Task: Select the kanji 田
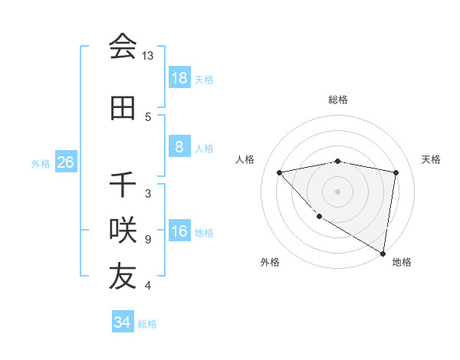coord(123,108)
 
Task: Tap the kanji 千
coord(123,185)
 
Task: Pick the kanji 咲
coord(123,229)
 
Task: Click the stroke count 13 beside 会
coord(148,56)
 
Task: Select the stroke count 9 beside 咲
coord(148,240)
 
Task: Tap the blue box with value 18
coord(179,78)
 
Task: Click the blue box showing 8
coord(179,148)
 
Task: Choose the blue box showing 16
coord(179,232)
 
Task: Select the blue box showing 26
coord(65,163)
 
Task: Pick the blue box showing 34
coord(122,322)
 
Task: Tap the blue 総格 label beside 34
coord(147,324)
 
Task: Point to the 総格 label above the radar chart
coord(338,100)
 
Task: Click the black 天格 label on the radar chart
coord(431,159)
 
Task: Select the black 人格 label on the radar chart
coord(245,159)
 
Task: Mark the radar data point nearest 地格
coord(383,253)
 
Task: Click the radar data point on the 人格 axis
coord(280,172)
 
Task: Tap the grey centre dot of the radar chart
coord(338,191)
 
